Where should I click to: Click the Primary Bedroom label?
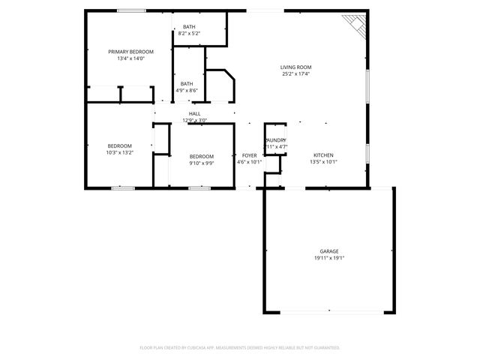[130, 52]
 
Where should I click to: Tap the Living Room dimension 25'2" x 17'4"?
[296, 73]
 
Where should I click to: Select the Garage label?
[329, 251]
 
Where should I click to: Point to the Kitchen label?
[323, 155]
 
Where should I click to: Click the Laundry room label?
[275, 140]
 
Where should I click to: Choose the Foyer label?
[249, 155]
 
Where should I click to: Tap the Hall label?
[194, 113]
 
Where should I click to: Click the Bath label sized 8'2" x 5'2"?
[189, 27]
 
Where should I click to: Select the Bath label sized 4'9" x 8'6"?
[187, 84]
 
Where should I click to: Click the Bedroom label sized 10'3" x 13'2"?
[119, 145]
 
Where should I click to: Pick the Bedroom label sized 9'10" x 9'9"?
[201, 156]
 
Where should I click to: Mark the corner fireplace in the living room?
[353, 25]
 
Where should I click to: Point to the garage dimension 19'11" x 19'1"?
[329, 258]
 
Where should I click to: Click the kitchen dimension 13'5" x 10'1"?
[324, 162]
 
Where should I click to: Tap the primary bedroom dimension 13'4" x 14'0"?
[130, 58]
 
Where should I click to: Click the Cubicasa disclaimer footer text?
[240, 347]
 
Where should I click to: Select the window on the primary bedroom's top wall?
[132, 10]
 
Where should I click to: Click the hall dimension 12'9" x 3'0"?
[194, 120]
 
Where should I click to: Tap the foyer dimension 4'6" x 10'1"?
[249, 162]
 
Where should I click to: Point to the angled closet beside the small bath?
[220, 85]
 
